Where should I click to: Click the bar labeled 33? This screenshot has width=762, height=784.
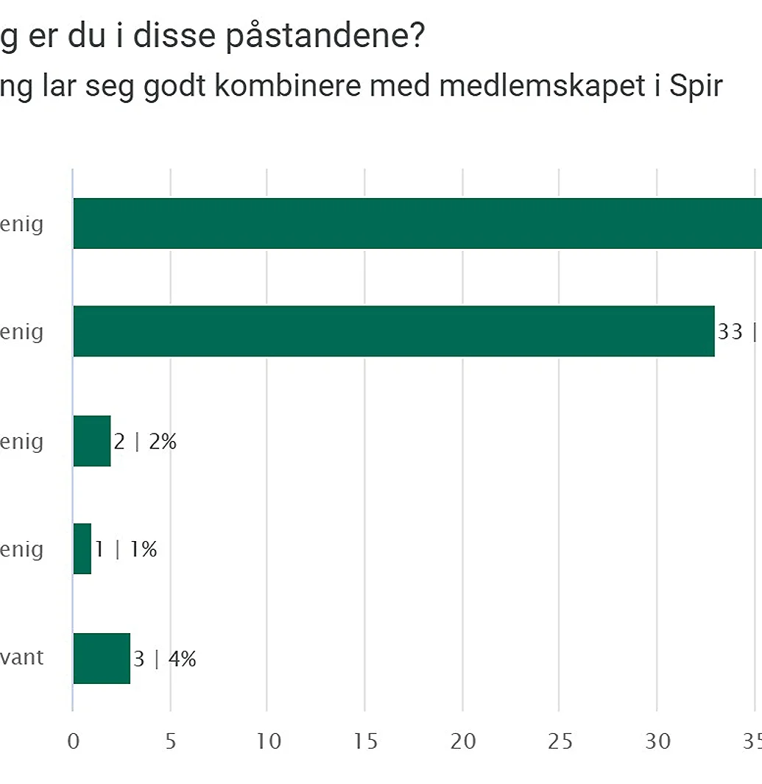394,331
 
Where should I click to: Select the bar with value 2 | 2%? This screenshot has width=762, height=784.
92,441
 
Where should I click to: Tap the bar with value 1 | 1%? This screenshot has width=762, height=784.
82,549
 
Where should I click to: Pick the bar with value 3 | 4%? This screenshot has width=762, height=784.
102,658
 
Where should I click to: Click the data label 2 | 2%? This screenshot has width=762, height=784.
145,442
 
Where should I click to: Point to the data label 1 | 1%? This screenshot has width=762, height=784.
126,550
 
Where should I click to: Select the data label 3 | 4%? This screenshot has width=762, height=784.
165,659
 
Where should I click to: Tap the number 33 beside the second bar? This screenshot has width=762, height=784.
730,332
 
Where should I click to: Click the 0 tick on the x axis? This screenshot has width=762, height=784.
73,741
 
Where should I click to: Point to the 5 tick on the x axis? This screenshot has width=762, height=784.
170,741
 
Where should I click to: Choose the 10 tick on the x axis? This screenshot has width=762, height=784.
269,741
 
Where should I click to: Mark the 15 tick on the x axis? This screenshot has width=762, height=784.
366,741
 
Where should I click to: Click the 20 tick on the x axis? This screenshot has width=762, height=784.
463,741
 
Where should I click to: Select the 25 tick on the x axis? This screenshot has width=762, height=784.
560,741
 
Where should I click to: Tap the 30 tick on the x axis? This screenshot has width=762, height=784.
658,741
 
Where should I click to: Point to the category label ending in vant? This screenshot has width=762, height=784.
22,657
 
